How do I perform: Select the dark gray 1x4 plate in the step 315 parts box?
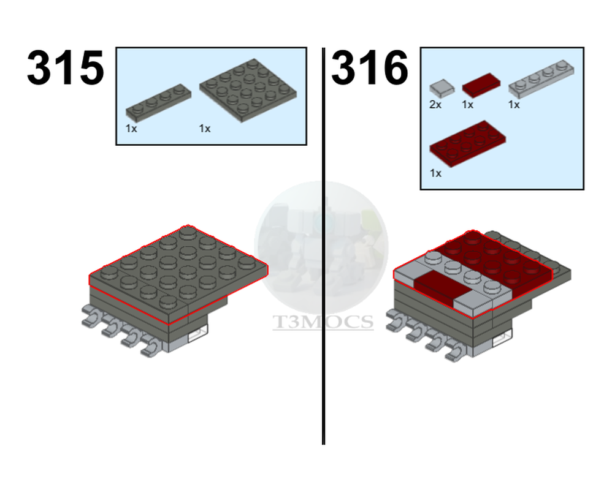coord(156,102)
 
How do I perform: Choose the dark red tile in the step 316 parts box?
coord(480,84)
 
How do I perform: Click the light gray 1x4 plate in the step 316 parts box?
coord(541,78)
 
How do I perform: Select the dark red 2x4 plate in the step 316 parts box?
coord(467,143)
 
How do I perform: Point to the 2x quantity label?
coord(435,105)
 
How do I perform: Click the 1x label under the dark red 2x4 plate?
coord(435,173)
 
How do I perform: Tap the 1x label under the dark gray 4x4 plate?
coord(205,129)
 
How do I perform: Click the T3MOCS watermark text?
coord(323,322)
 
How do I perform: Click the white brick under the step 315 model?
coord(197,334)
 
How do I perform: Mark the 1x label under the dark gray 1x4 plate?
coord(132,129)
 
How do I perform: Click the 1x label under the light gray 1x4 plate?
coord(514,105)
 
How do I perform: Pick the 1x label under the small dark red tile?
coord(468,105)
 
